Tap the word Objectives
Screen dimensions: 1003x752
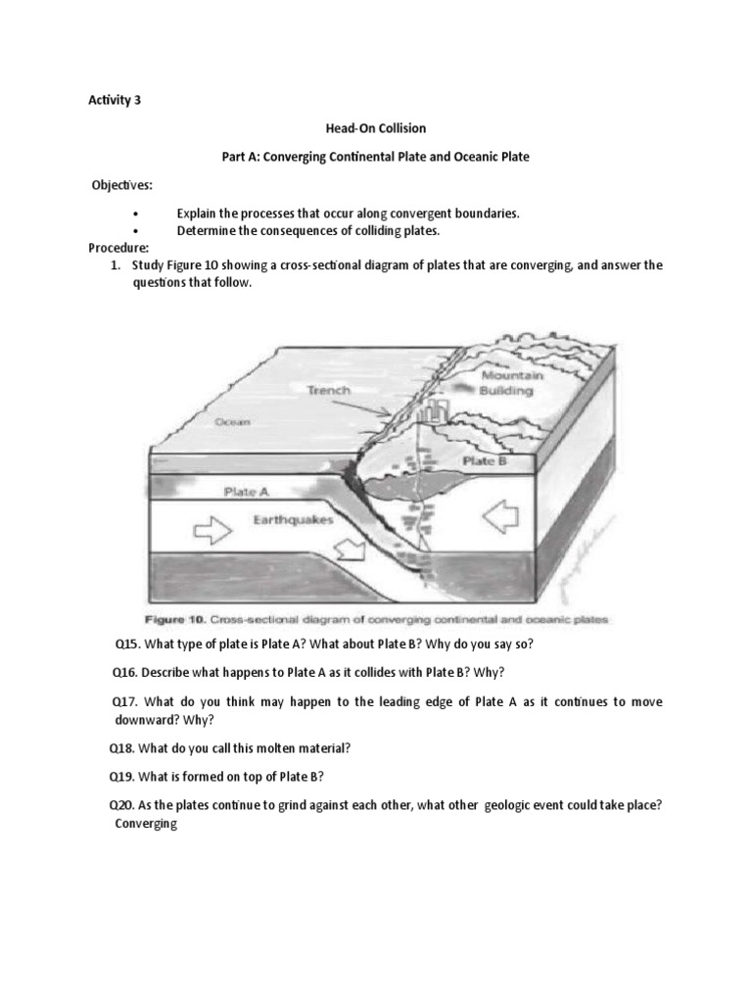(x=121, y=185)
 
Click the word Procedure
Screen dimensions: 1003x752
(x=118, y=248)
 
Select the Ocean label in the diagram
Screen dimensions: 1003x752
(x=233, y=422)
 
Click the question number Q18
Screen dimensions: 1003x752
(x=123, y=748)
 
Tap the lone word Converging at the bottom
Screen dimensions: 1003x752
(x=146, y=824)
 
